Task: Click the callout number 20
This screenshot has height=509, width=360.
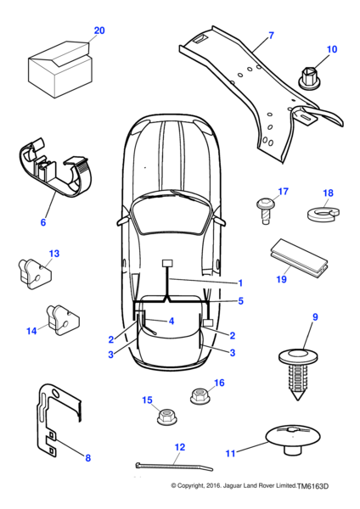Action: coord(99,31)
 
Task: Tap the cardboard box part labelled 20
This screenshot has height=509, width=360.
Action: coord(60,69)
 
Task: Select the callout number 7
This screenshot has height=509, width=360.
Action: coord(272,36)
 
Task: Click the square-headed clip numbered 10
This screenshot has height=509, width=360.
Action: coord(308,79)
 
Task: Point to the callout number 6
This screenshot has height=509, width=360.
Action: coord(43,222)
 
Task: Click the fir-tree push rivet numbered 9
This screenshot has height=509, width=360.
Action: coord(298,373)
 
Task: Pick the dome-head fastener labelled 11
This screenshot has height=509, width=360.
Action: coord(292,439)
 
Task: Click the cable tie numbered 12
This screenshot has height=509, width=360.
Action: coord(174,467)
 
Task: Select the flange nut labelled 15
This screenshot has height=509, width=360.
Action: coord(166,417)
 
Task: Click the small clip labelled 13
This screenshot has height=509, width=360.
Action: coord(35,273)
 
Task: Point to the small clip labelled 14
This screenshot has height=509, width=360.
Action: coord(63,320)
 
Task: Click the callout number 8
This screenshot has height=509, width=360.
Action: coord(87,458)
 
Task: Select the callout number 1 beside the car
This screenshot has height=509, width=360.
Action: coord(240,283)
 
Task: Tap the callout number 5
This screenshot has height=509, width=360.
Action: coord(240,301)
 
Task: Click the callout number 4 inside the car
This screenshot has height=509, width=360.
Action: coord(172,321)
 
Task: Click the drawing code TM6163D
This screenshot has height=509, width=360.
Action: coord(313,486)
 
